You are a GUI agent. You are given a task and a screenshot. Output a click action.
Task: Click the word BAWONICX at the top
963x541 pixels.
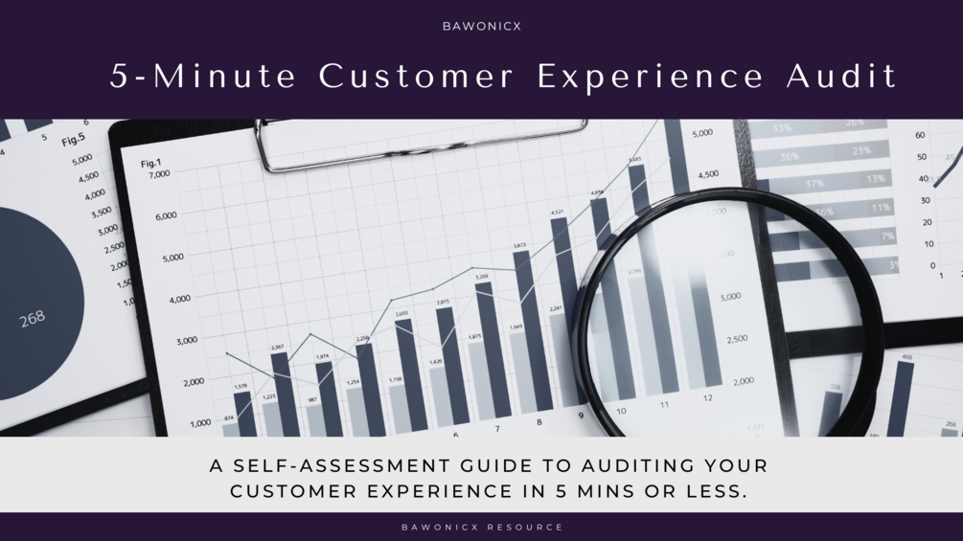tap(481, 26)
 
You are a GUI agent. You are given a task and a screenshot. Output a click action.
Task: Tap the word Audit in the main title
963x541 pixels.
tap(842, 76)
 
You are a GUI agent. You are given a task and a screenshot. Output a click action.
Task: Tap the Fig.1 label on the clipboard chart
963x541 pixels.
tap(151, 164)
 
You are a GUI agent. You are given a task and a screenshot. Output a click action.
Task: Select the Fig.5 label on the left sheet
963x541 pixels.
tap(73, 141)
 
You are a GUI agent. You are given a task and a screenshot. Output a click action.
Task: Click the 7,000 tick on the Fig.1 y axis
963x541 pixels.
tap(158, 174)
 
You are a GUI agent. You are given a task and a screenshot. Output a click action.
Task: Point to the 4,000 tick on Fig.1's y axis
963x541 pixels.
tap(180, 300)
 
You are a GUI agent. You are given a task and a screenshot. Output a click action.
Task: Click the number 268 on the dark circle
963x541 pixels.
tap(33, 318)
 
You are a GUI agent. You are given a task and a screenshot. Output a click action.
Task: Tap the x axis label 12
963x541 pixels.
tap(707, 398)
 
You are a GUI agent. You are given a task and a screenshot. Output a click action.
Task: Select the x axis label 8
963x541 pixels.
tap(539, 422)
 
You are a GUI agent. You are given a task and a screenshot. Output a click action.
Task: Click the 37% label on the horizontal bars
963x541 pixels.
tap(814, 183)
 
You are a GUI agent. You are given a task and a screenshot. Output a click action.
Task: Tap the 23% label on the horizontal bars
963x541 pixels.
tap(861, 151)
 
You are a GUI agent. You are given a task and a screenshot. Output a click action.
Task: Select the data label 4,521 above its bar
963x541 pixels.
tap(557, 212)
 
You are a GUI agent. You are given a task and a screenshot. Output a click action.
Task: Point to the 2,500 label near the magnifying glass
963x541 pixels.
tap(737, 339)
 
